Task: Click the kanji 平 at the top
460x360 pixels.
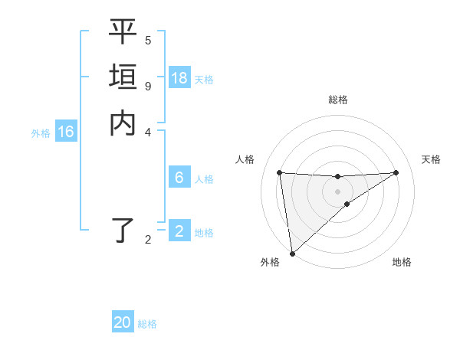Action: [123, 33]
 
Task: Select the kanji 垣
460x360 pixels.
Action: [123, 78]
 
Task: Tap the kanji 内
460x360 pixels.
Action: [123, 123]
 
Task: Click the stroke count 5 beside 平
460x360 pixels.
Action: [148, 40]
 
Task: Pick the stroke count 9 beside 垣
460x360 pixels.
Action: [148, 85]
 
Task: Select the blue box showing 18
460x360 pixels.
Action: [179, 78]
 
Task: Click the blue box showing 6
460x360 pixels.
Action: [179, 178]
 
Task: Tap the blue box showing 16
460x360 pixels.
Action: [66, 133]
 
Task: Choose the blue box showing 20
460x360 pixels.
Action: [123, 322]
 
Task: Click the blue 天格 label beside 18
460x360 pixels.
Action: [204, 80]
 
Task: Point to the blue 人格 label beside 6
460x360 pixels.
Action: [204, 179]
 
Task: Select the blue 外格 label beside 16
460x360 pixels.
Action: [41, 133]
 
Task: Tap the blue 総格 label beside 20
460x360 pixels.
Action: [147, 324]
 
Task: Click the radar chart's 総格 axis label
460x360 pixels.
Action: [337, 100]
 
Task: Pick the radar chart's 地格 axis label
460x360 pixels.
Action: [402, 263]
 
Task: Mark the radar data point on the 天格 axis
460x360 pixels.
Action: [396, 172]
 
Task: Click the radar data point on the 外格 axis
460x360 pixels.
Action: [292, 253]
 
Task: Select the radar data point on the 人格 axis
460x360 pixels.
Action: [279, 172]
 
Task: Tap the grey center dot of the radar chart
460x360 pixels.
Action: [337, 191]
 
